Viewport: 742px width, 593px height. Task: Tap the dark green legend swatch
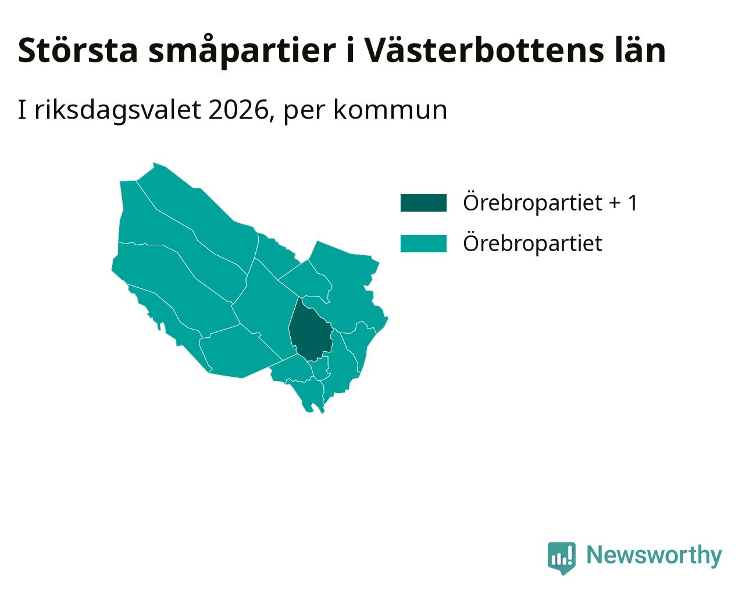(x=423, y=203)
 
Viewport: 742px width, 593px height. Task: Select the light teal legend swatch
(x=423, y=244)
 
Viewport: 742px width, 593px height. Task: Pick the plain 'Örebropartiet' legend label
(x=532, y=244)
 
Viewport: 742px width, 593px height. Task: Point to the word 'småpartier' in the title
(x=242, y=52)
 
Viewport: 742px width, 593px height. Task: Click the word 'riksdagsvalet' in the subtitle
(x=117, y=111)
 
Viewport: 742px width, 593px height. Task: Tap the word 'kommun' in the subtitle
(x=390, y=110)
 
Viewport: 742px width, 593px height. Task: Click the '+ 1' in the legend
(x=623, y=203)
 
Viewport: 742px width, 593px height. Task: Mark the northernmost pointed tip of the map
(x=154, y=163)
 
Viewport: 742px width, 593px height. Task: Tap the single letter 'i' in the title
(x=350, y=51)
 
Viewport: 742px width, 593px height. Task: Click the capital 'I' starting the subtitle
(x=22, y=110)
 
